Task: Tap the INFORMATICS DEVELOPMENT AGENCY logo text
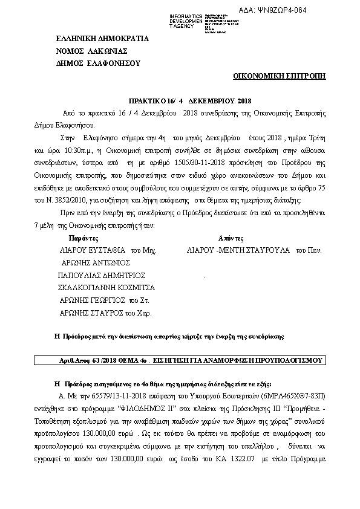click(184, 21)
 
